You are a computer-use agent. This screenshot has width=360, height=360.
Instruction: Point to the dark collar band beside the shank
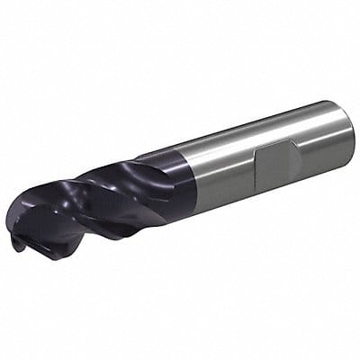click(175, 175)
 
